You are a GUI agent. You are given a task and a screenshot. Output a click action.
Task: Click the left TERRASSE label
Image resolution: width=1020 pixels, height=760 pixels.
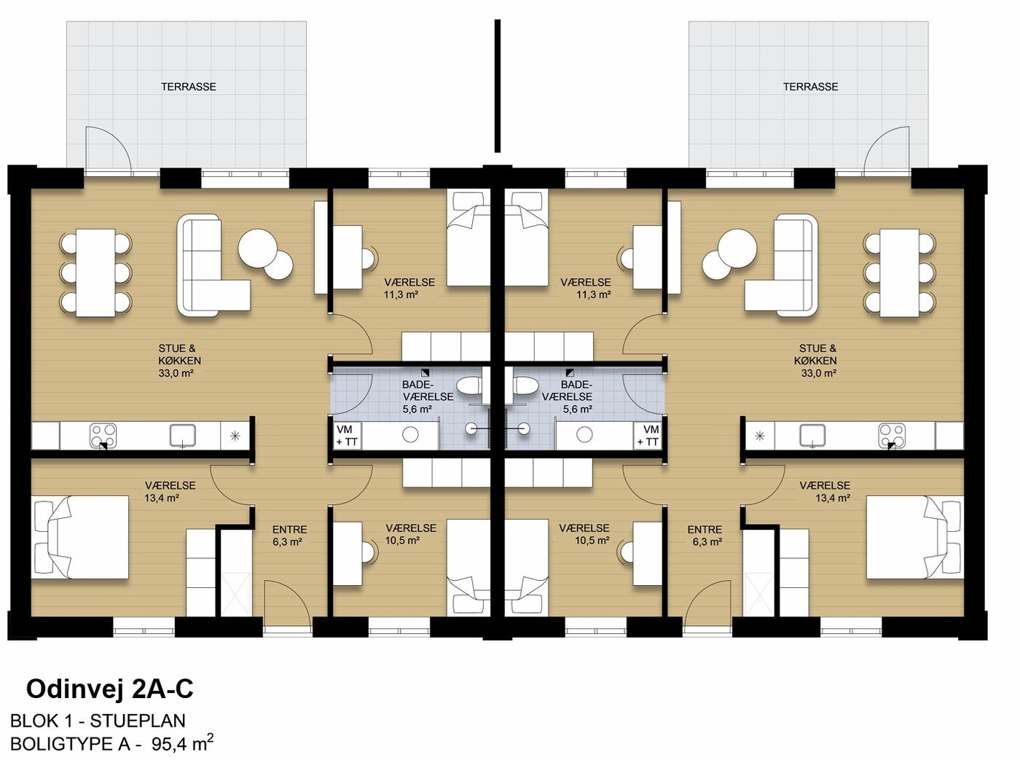click(189, 87)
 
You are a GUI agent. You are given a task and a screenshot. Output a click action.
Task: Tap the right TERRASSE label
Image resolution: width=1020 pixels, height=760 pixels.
click(811, 87)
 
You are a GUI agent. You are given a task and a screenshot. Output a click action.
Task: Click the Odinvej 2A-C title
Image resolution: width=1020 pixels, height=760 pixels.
click(110, 689)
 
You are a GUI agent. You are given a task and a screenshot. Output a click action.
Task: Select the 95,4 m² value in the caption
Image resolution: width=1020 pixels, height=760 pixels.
click(183, 743)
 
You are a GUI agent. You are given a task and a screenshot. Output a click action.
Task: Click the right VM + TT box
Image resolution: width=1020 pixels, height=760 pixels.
click(648, 436)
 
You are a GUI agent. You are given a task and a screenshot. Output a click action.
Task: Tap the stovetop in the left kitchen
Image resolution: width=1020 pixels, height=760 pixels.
click(103, 435)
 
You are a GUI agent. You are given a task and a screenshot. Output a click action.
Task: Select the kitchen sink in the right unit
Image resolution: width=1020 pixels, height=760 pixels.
click(813, 435)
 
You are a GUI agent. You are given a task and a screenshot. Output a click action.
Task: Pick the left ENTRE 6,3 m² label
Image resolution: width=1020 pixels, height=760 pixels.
click(289, 536)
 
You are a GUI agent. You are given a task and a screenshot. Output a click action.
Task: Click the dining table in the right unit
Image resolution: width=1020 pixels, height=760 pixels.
click(898, 273)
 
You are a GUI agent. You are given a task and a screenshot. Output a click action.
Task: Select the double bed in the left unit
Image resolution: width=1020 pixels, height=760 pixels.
click(79, 537)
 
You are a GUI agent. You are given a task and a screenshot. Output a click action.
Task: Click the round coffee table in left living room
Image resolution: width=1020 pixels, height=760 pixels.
click(257, 248)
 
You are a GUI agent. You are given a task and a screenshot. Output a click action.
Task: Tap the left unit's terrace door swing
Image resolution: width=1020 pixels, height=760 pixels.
click(109, 149)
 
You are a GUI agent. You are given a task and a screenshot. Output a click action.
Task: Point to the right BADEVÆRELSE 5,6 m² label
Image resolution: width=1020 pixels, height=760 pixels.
click(567, 396)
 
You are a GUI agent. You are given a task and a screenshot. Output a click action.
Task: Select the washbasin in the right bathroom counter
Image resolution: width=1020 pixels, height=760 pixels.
click(584, 435)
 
